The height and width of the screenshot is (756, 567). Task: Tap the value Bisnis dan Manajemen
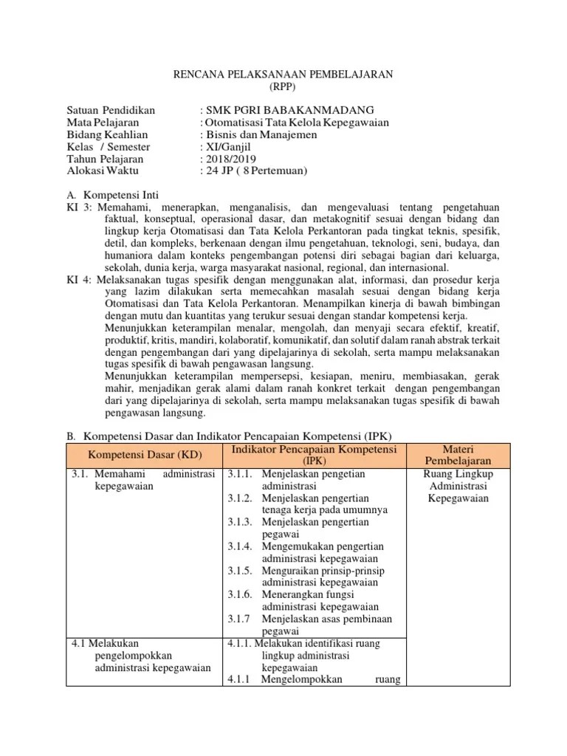coord(261,134)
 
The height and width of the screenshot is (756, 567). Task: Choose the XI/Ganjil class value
coord(228,147)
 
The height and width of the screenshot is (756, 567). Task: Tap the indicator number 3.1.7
coord(239,619)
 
